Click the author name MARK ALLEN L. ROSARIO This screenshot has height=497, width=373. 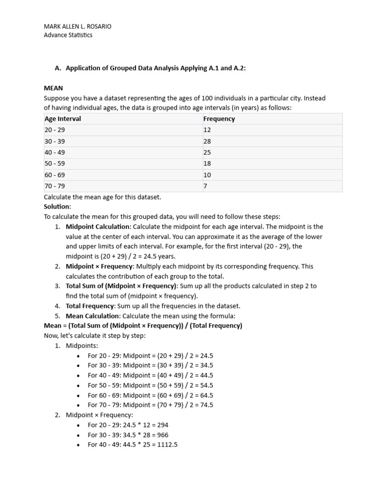click(77, 27)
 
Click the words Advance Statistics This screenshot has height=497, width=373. click(68, 35)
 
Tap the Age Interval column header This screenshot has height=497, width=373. click(63, 119)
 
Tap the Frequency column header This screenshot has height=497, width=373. click(219, 119)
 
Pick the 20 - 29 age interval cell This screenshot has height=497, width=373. click(54, 130)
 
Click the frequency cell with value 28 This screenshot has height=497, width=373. click(207, 141)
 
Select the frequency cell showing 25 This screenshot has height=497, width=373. click(207, 152)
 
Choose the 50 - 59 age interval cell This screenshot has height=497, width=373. click(54, 164)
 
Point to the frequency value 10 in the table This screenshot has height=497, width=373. click(207, 175)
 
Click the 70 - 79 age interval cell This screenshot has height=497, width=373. click(54, 186)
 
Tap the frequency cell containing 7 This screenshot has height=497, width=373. click(205, 186)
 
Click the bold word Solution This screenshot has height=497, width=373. click(57, 207)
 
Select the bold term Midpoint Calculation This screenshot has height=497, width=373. click(98, 227)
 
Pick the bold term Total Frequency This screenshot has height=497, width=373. click(90, 306)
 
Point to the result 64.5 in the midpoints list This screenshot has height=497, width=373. click(206, 395)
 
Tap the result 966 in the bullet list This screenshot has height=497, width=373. click(162, 435)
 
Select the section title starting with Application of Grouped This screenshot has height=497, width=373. click(155, 68)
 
